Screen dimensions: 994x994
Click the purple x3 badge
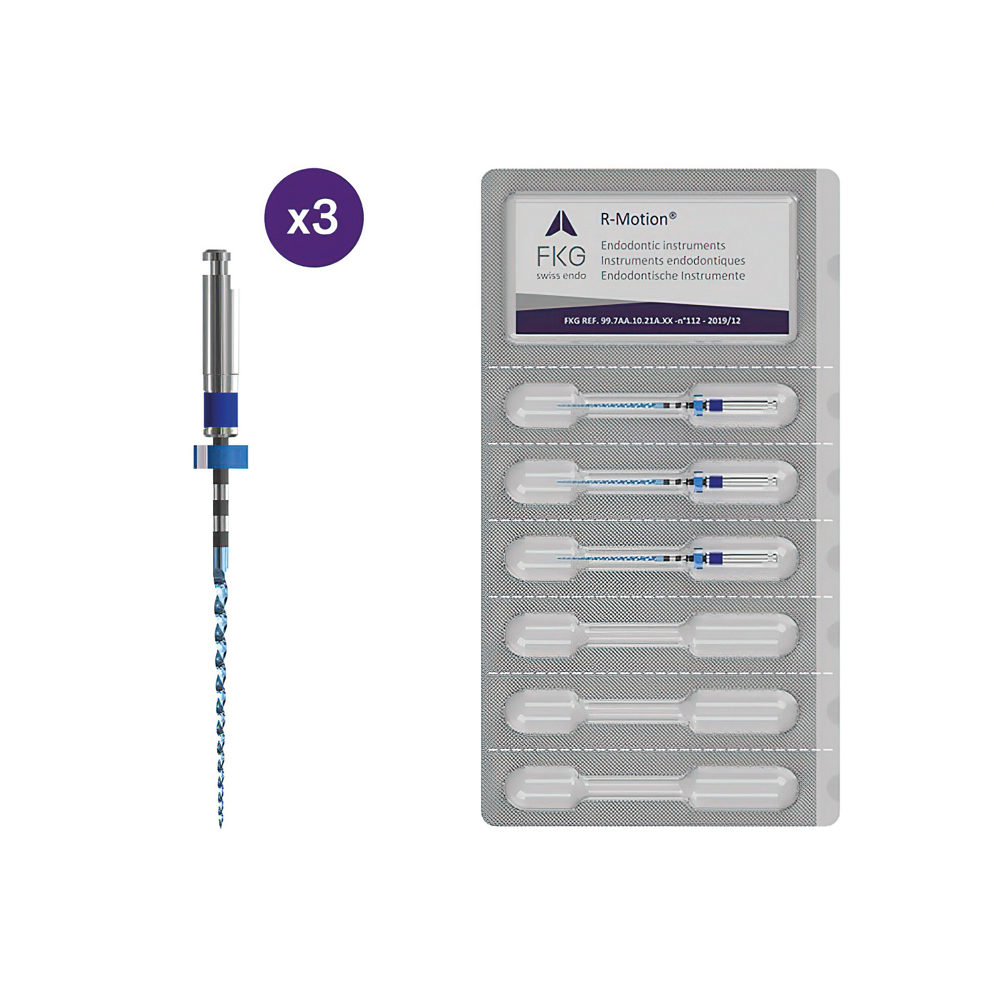[x=314, y=218]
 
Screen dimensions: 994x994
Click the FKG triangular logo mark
[x=561, y=223]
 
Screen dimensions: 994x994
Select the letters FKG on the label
[x=561, y=256]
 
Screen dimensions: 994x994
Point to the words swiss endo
[x=561, y=276]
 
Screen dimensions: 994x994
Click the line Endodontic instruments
[x=663, y=246]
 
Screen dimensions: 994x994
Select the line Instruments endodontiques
[x=673, y=260]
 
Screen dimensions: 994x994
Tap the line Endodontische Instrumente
[x=673, y=275]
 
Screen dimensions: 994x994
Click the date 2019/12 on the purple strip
[x=724, y=321]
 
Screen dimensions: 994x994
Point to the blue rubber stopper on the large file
[x=221, y=457]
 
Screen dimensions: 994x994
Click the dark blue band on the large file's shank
[x=221, y=410]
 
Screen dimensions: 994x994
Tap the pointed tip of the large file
[x=221, y=827]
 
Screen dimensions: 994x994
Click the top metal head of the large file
[x=217, y=255]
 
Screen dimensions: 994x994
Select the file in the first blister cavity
[x=667, y=406]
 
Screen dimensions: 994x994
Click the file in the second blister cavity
[x=667, y=482]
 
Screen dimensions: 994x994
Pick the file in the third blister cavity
[x=667, y=558]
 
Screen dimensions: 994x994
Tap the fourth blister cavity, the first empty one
[x=652, y=635]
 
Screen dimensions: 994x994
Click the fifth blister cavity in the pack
[x=652, y=712]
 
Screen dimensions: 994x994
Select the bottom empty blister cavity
[x=652, y=788]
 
